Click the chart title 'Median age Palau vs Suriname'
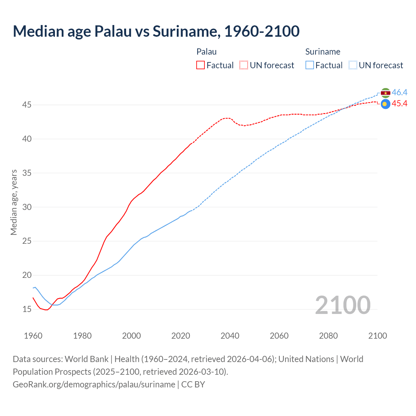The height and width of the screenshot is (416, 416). [x=156, y=31]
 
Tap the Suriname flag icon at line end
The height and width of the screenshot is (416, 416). [x=385, y=93]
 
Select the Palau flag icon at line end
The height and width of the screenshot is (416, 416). [x=385, y=104]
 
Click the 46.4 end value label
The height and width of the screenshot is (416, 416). [x=399, y=93]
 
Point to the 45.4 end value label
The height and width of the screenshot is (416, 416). [x=399, y=104]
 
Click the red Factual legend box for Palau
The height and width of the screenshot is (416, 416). [x=201, y=65]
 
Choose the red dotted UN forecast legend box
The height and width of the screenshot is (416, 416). [x=244, y=65]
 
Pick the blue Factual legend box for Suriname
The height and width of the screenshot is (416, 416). [x=310, y=65]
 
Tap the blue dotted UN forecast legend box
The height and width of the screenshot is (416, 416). [x=353, y=65]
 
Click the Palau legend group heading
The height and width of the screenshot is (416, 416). [x=206, y=52]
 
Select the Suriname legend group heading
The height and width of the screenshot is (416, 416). [x=323, y=52]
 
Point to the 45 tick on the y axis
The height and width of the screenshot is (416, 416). [x=27, y=105]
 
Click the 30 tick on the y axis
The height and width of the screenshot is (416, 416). [x=27, y=207]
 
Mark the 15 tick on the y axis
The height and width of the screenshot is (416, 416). [x=27, y=309]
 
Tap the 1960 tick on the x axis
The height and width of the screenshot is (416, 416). [x=33, y=336]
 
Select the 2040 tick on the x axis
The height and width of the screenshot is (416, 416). [x=230, y=336]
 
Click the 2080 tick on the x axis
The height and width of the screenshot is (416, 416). [x=328, y=336]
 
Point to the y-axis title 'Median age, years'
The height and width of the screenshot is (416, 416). [x=14, y=202]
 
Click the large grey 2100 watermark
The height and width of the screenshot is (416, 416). [x=343, y=305]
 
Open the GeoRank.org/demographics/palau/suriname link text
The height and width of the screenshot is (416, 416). [x=94, y=384]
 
